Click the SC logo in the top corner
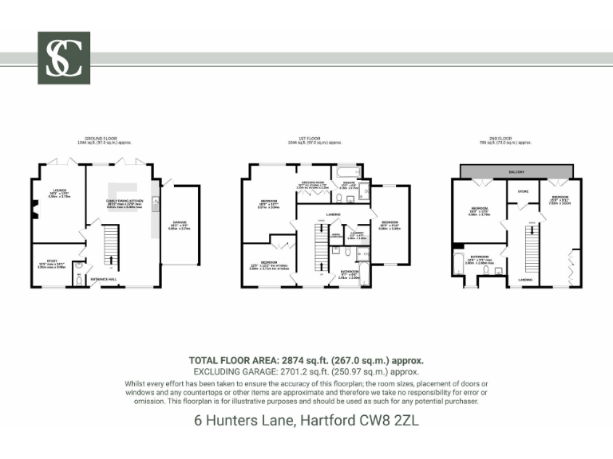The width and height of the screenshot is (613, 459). click(x=64, y=58)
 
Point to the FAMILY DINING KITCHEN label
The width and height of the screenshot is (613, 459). click(x=120, y=202)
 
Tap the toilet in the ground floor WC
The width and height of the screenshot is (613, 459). click(x=77, y=279)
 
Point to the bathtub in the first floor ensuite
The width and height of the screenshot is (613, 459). click(x=346, y=171)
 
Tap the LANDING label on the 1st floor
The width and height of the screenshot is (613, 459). click(x=334, y=214)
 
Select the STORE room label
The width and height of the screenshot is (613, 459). click(x=523, y=191)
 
